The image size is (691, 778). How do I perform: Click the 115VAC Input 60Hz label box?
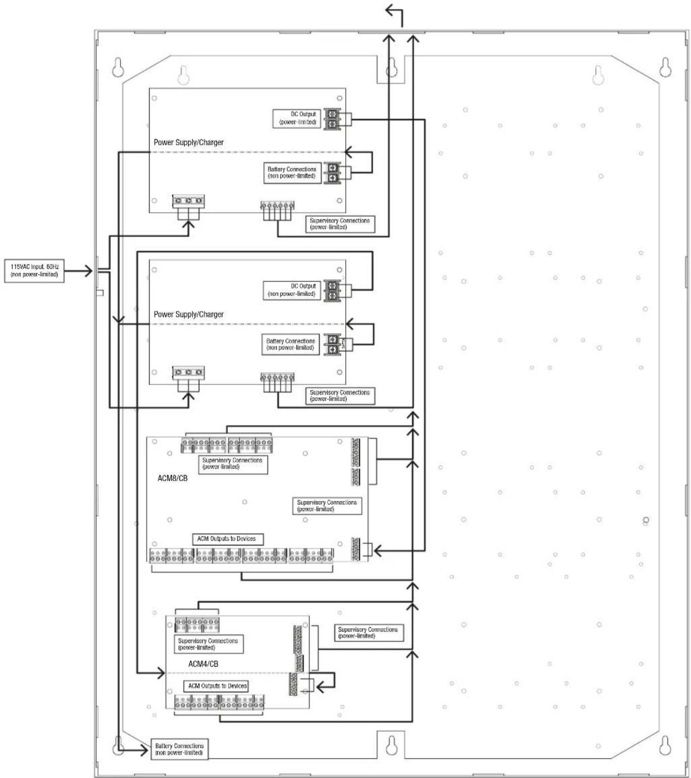(x=34, y=271)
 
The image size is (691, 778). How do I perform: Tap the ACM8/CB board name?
(x=172, y=478)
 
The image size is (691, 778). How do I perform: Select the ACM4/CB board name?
(x=203, y=664)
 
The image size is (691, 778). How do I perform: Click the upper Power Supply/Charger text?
(x=189, y=143)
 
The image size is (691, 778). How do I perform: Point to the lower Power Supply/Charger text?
(x=189, y=315)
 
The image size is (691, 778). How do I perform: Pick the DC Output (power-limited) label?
(x=297, y=118)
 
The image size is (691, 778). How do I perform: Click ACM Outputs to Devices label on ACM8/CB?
(x=228, y=539)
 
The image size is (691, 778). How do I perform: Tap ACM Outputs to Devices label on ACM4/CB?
(x=217, y=686)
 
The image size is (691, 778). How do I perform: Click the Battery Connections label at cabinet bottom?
(x=179, y=749)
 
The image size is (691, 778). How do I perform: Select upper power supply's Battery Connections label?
(x=292, y=173)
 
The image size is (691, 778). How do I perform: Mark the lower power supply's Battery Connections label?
(x=291, y=344)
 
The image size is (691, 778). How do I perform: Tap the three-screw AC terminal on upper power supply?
(x=188, y=201)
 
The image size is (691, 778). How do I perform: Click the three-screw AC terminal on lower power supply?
(x=188, y=373)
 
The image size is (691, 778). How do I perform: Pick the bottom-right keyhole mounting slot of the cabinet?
(x=665, y=745)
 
